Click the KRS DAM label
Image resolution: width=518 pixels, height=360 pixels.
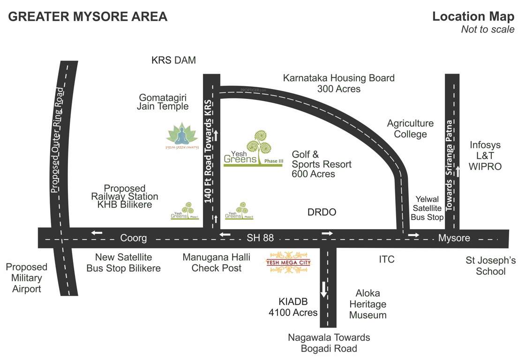173,60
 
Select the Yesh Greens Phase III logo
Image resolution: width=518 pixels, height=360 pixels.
254,150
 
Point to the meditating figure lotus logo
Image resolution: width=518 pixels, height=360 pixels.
182,135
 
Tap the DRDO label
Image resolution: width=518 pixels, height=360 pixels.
322,212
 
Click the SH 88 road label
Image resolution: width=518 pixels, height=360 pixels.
260,238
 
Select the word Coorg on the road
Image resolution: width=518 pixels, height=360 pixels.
133,238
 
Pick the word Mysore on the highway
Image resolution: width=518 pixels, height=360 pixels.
454,238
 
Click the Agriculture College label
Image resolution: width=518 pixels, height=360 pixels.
410,128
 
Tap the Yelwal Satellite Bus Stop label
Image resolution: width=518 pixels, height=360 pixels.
427,209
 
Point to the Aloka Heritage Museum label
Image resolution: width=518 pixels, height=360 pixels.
368,304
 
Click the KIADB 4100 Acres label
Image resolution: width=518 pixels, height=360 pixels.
293,307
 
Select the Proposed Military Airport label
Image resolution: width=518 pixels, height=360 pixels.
27,277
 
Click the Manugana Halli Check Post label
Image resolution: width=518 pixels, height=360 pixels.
216,262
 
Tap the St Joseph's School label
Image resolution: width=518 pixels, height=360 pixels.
490,265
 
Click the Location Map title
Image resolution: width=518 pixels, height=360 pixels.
473,17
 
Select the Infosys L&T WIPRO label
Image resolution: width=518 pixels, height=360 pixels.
485,156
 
